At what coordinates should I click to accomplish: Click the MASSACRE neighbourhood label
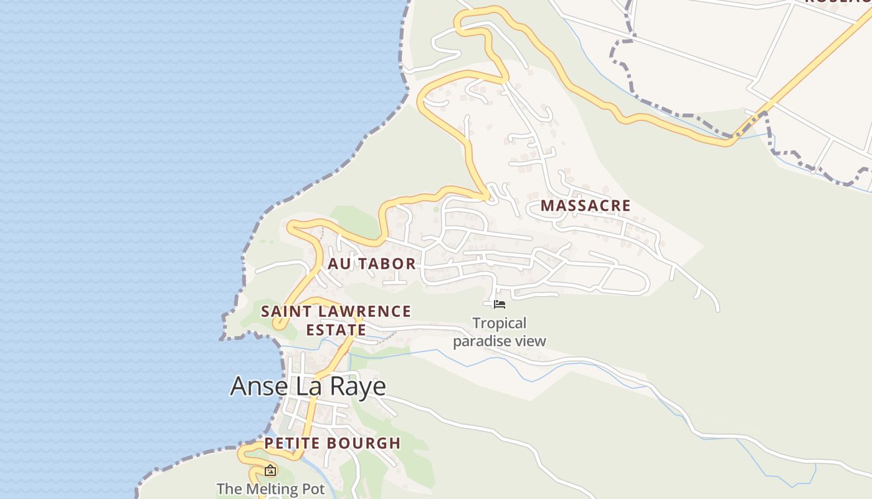(x=585, y=205)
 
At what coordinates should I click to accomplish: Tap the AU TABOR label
(x=372, y=264)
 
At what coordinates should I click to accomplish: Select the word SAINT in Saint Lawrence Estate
(x=286, y=311)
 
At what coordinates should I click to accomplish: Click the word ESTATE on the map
(x=335, y=329)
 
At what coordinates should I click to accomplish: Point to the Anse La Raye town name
(x=308, y=387)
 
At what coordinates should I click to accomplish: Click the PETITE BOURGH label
(x=332, y=443)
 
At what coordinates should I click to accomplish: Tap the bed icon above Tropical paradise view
(x=499, y=304)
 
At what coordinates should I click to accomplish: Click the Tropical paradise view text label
(x=499, y=332)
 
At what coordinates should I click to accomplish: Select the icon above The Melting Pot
(x=270, y=470)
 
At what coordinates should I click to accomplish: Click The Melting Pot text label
(x=270, y=489)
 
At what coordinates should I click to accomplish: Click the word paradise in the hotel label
(x=478, y=341)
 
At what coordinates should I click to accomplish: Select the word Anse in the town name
(x=253, y=387)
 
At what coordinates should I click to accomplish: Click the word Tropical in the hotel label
(x=499, y=323)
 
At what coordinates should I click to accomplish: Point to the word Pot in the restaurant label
(x=313, y=489)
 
